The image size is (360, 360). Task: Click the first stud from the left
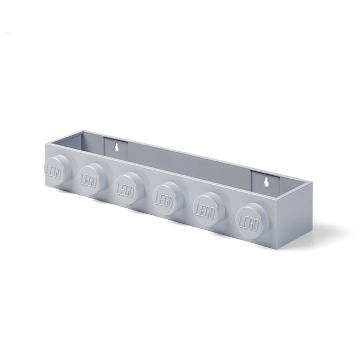[57, 170]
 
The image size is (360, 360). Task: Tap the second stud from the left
[92, 179]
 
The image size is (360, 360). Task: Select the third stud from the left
[129, 188]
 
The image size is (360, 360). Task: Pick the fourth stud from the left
[168, 198]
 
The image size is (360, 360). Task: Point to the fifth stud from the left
[209, 209]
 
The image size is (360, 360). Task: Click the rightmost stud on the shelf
[252, 221]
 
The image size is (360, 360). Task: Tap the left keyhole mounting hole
[117, 147]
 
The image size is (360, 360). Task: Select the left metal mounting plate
[116, 149]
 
